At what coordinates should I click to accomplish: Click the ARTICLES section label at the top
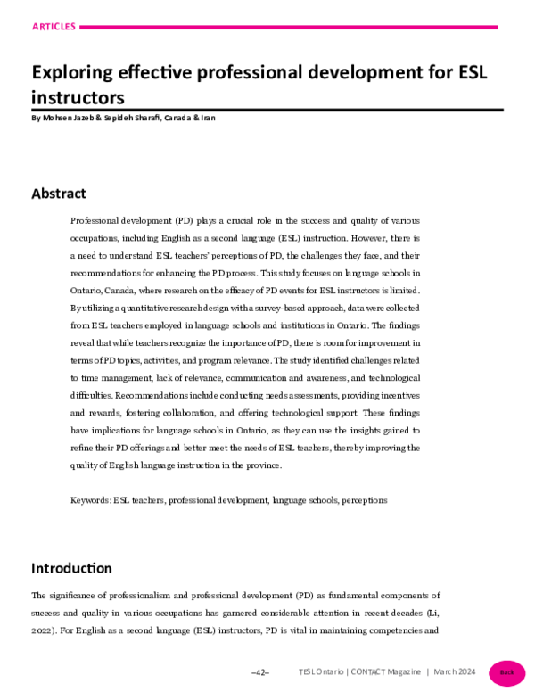53,27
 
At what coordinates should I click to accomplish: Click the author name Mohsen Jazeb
71,118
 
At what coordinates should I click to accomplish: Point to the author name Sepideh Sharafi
142,118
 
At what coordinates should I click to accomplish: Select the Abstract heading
59,194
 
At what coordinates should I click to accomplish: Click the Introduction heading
71,568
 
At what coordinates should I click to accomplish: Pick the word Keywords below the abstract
90,500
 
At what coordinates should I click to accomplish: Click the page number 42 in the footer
260,672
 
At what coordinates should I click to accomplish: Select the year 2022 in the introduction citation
43,630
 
